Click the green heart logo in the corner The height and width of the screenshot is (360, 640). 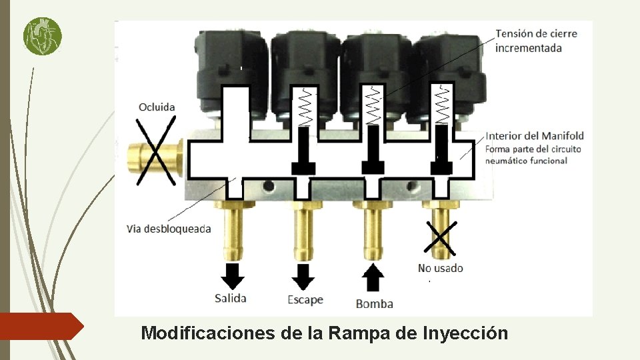(42, 36)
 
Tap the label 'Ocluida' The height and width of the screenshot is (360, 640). (157, 107)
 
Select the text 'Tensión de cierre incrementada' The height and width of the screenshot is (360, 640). (536, 41)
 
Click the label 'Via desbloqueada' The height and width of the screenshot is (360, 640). (169, 229)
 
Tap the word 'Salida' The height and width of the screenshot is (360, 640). (231, 298)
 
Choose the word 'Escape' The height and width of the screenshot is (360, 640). (305, 299)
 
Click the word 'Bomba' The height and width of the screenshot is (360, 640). (374, 303)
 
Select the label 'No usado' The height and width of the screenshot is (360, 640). (440, 268)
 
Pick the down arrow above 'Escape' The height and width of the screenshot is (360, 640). (304, 275)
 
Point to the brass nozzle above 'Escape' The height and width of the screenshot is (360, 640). (304, 230)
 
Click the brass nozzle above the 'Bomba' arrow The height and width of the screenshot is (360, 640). (374, 230)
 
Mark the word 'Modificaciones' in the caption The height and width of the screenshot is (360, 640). (209, 333)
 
